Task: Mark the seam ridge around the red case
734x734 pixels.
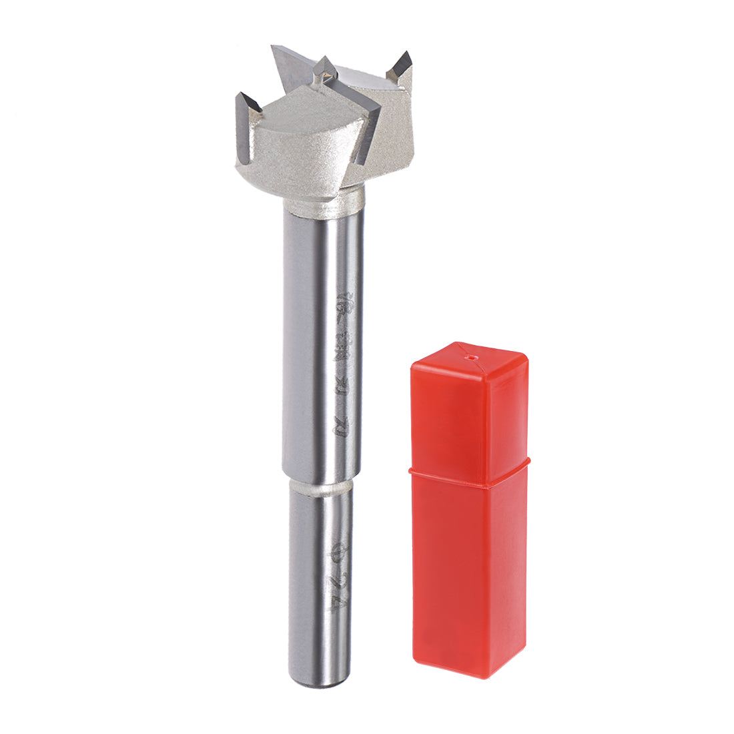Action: click(467, 470)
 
